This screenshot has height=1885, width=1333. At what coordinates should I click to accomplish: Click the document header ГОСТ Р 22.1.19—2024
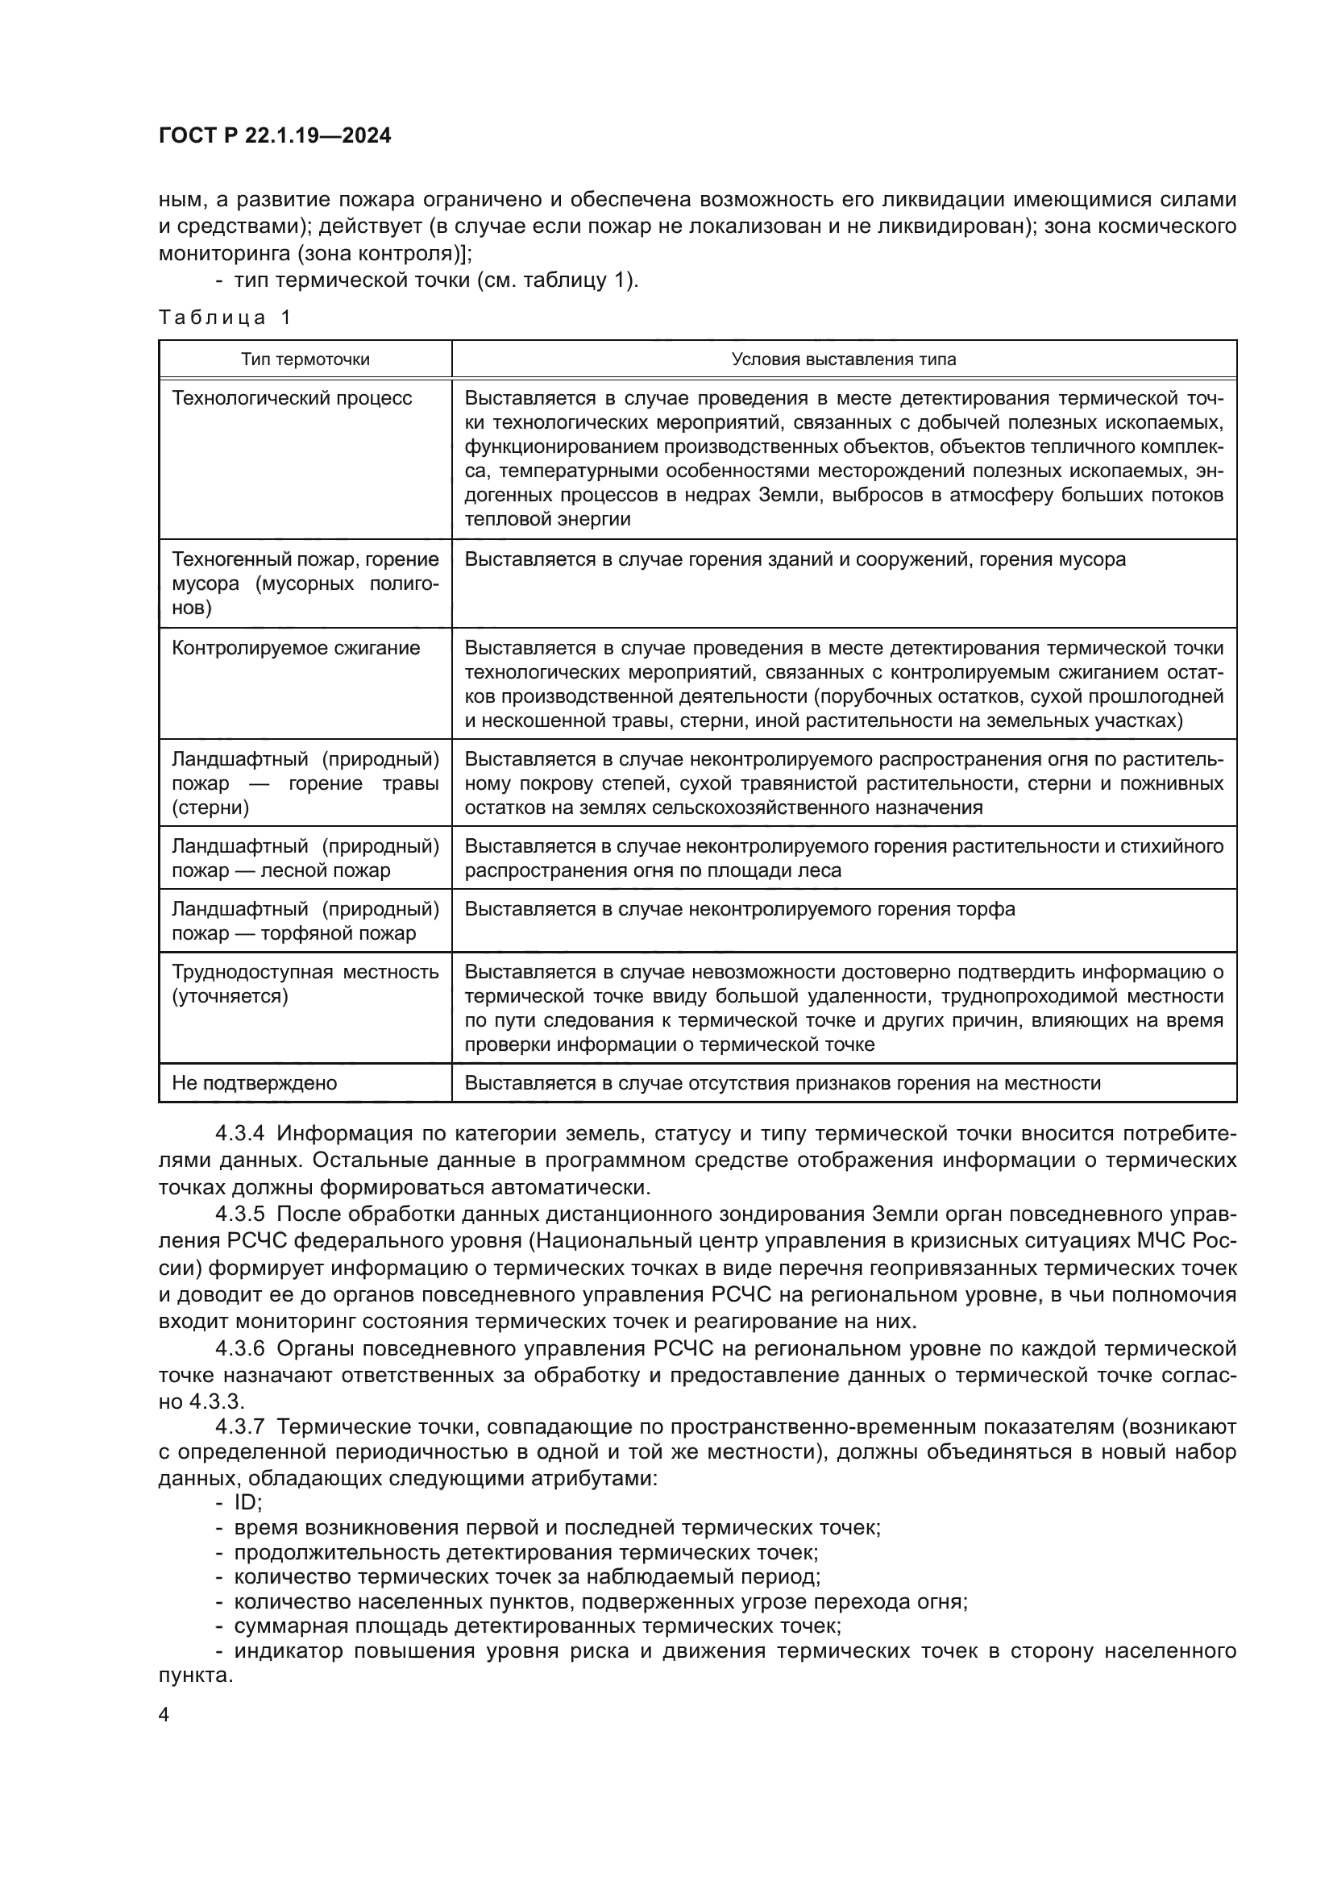274,135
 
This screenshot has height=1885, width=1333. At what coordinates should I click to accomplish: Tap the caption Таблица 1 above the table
224,318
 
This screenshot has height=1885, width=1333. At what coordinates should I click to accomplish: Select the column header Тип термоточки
305,359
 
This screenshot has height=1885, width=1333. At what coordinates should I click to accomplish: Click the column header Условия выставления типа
843,359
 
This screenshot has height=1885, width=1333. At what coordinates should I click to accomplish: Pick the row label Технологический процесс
292,398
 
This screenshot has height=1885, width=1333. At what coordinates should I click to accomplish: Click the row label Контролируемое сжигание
296,648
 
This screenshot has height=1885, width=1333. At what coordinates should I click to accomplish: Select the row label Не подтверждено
254,1083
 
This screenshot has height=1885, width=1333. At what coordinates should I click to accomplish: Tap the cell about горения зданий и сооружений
795,559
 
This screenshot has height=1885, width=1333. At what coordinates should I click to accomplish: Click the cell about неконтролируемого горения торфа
740,909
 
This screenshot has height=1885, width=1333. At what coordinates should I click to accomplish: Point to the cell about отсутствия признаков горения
783,1083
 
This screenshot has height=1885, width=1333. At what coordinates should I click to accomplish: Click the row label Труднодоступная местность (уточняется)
305,983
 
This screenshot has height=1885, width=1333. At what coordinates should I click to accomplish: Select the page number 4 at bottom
164,1716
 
